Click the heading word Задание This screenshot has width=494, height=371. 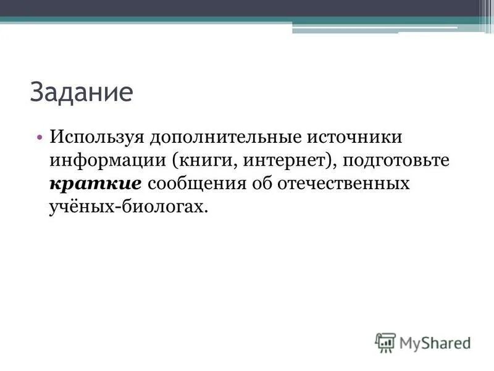pyautogui.click(x=82, y=93)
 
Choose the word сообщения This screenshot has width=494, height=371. pyautogui.click(x=198, y=184)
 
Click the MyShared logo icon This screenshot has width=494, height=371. pyautogui.click(x=385, y=342)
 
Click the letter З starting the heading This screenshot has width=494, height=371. pyautogui.click(x=36, y=93)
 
